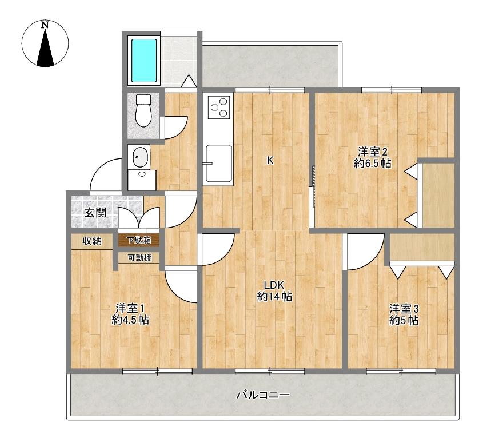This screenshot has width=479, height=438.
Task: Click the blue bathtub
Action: pos(144,61)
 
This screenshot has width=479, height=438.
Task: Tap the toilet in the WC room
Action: pos(143,110)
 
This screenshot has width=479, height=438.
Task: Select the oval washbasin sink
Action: pos(140,157)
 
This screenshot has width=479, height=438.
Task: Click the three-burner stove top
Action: pos(219,107)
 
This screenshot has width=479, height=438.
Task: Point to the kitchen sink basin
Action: pos(218,163)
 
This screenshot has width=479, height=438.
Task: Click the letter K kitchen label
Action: pos(270,160)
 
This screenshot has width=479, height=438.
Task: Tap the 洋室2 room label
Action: pos(373,152)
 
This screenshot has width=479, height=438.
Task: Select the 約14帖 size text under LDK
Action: pos(274,297)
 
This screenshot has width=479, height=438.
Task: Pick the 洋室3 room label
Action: pos(404,309)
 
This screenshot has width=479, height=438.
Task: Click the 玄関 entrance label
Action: pos(95,213)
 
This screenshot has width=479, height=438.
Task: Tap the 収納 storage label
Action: pos(92,241)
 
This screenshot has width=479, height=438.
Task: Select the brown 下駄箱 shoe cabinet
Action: pos(139,241)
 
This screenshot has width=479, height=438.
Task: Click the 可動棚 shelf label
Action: pos(139,258)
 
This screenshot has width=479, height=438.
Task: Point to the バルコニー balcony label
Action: pos(263,395)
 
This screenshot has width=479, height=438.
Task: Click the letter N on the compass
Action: pos(45,25)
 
